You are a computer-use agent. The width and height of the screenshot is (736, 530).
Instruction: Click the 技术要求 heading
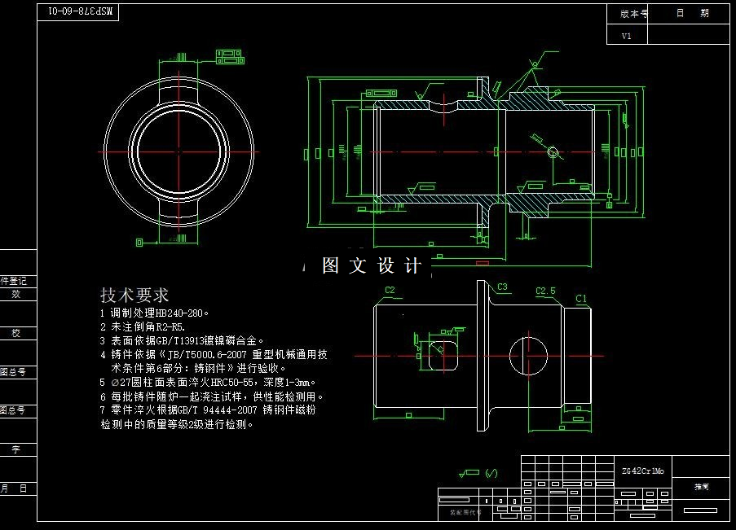134,295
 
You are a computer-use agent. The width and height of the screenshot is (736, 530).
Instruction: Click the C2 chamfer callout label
390,290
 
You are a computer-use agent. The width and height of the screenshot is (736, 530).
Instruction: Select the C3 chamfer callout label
502,287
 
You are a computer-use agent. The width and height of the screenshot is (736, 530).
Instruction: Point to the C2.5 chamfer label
545,291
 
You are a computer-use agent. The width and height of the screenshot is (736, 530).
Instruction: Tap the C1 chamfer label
581,299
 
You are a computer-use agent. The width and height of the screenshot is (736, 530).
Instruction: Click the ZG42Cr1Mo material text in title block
642,471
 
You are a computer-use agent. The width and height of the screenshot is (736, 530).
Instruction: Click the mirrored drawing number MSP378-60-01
82,11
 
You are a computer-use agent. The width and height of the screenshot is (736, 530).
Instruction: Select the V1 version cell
627,36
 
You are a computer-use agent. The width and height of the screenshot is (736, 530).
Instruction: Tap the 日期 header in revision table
692,14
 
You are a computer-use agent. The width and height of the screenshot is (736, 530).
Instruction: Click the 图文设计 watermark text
372,265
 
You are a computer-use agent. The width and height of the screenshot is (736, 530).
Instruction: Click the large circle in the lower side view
531,356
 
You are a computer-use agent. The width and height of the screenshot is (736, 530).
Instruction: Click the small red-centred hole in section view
552,152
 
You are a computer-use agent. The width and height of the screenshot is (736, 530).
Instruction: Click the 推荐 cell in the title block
701,486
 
